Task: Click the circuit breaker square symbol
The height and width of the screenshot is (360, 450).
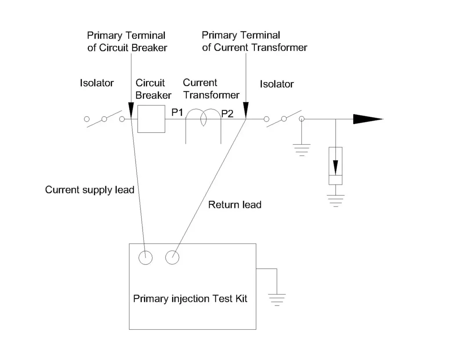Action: [151, 119]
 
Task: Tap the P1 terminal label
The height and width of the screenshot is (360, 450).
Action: [177, 113]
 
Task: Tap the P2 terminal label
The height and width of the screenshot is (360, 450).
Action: [227, 114]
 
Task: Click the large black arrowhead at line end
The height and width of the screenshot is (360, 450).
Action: [367, 119]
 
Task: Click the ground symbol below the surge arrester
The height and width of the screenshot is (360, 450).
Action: [336, 200]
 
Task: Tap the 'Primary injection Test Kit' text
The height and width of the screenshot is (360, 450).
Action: [190, 299]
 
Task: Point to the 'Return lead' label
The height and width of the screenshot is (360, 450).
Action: [235, 204]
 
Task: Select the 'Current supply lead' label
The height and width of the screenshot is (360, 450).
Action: [90, 190]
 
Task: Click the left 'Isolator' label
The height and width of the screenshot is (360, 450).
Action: [97, 83]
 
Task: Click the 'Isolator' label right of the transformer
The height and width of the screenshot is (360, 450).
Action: [276, 84]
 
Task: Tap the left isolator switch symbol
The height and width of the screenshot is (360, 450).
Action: [105, 119]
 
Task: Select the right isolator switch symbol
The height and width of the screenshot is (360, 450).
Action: [284, 119]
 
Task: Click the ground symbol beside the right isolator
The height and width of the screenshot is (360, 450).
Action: [301, 149]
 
